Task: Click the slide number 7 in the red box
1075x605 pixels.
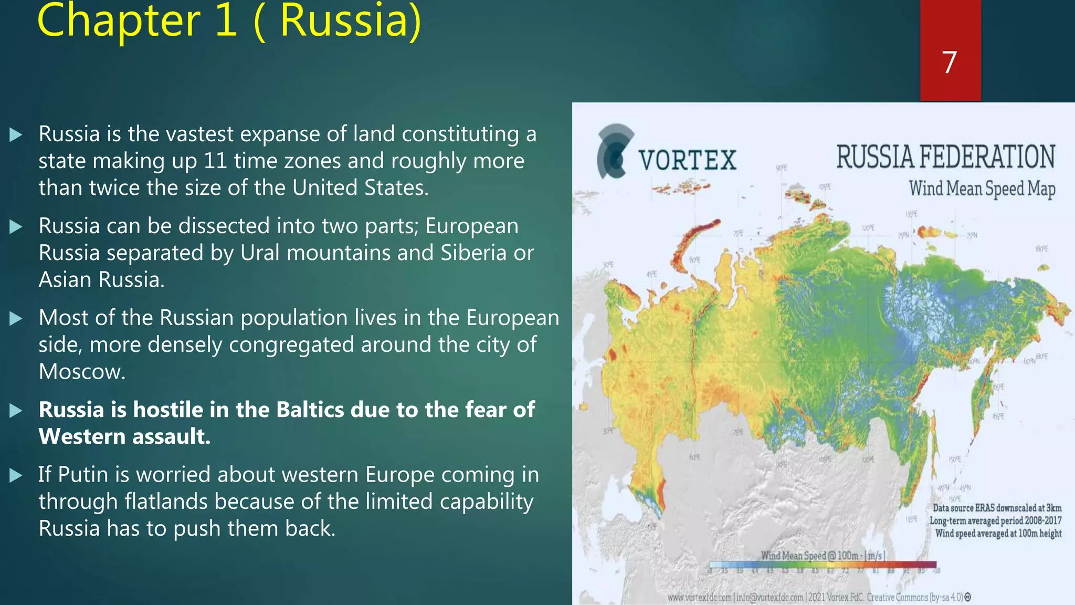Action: [949, 62]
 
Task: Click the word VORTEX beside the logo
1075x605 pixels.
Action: [688, 160]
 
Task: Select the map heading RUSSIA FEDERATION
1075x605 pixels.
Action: [945, 157]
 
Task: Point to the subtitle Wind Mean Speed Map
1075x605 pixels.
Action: [982, 189]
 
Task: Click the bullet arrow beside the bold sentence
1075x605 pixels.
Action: [16, 410]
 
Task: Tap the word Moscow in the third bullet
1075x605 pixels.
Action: [82, 372]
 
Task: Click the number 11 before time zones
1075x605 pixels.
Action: [215, 161]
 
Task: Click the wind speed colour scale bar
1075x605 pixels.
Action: [822, 565]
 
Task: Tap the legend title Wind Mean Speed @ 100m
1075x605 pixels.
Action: [823, 555]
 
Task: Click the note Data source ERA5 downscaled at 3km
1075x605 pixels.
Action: [997, 508]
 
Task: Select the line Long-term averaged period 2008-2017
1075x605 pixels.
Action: [995, 520]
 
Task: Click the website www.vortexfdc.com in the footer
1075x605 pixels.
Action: [699, 598]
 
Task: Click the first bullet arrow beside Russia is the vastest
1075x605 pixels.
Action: [16, 134]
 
